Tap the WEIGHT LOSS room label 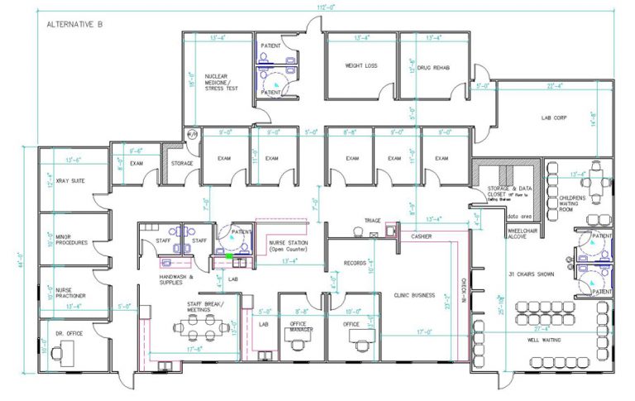[x=360, y=65]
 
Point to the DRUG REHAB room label [x=433, y=67]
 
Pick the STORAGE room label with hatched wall [x=183, y=163]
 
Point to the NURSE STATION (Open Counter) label [x=287, y=246]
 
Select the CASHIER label [x=422, y=236]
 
